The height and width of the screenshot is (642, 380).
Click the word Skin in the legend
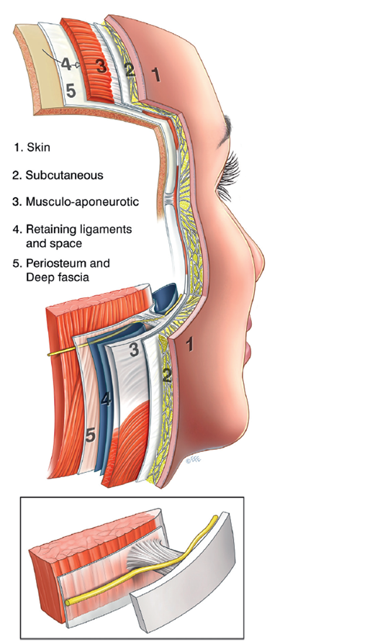(x=38, y=148)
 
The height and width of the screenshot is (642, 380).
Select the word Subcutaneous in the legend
(x=64, y=175)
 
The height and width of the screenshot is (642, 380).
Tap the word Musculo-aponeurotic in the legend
(x=82, y=202)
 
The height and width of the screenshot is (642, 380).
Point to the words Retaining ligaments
(x=79, y=229)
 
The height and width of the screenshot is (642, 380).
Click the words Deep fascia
(x=58, y=277)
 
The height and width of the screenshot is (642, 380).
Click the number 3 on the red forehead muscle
(x=101, y=67)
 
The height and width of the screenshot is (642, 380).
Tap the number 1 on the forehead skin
(x=155, y=75)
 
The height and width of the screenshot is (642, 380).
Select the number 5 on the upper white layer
(x=71, y=91)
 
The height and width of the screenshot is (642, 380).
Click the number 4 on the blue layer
(x=106, y=399)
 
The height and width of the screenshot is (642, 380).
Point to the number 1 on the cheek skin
(x=189, y=345)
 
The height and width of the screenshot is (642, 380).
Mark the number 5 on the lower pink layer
(x=91, y=435)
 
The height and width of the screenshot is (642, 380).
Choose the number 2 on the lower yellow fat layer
(x=166, y=376)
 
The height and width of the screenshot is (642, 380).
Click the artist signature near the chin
(x=194, y=460)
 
